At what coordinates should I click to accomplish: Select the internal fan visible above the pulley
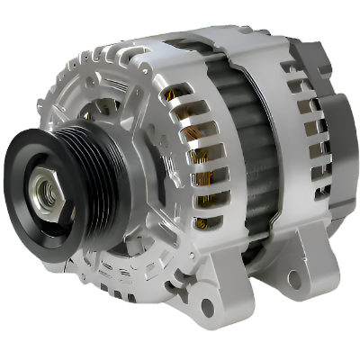pyautogui.click(x=99, y=117)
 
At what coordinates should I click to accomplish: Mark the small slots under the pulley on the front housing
pyautogui.click(x=117, y=270)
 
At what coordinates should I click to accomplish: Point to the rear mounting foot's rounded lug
pyautogui.click(x=301, y=270)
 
